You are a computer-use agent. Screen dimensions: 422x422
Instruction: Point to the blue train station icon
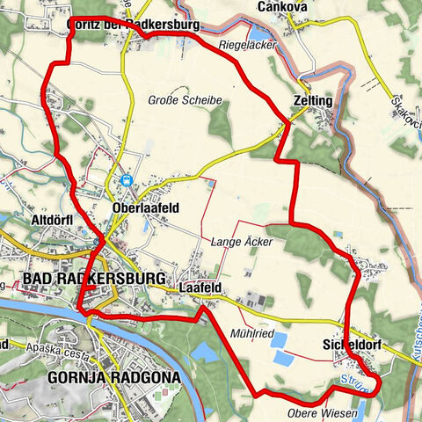click(x=128, y=180)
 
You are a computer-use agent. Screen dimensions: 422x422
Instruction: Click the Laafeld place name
click(x=199, y=287)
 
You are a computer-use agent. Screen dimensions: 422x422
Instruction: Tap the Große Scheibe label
click(x=185, y=100)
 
